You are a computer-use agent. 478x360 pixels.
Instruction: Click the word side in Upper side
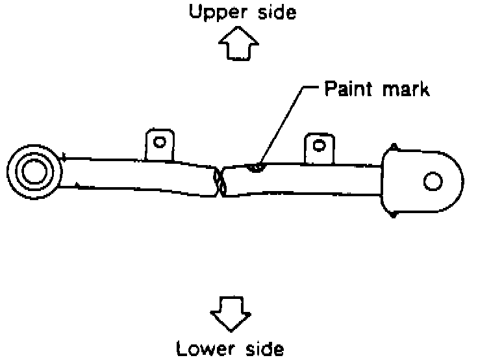[273, 12]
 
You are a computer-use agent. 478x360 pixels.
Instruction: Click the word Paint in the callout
[349, 88]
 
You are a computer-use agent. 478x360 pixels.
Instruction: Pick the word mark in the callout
[405, 88]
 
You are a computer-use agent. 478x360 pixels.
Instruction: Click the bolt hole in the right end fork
[433, 181]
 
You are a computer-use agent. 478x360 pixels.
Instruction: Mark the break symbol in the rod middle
[220, 181]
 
